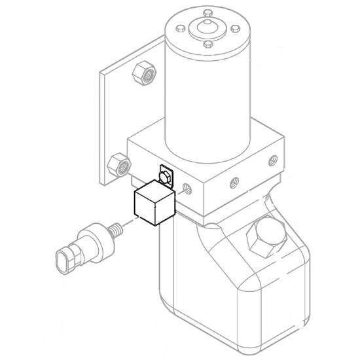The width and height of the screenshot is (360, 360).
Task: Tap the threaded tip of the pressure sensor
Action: (x=117, y=230)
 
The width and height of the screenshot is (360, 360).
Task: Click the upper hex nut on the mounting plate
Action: (x=142, y=72)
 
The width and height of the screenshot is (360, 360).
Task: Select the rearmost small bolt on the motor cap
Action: (x=207, y=12)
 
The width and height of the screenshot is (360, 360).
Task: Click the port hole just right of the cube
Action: (x=189, y=190)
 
